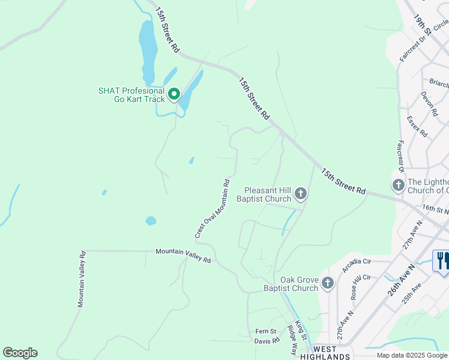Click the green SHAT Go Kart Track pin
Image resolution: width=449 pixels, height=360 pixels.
(x=174, y=94)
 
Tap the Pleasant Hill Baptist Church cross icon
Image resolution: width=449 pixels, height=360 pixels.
(x=301, y=193)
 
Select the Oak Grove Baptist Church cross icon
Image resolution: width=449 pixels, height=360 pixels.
(x=327, y=283)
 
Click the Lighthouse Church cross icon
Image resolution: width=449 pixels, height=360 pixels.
(x=398, y=185)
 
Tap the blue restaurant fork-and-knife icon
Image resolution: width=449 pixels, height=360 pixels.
(x=442, y=261)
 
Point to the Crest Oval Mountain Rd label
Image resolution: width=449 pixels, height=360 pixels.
(x=213, y=208)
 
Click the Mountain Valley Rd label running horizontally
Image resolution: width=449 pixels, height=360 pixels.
(x=183, y=256)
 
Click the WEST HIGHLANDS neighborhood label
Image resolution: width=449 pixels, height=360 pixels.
(x=330, y=353)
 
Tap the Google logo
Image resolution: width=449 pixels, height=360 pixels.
(x=20, y=353)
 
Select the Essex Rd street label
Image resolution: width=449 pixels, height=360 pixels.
(x=417, y=127)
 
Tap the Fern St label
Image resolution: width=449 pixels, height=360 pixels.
(x=266, y=331)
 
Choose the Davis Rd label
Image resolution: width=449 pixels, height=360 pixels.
(x=267, y=341)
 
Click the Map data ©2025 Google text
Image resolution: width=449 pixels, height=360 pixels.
(x=412, y=355)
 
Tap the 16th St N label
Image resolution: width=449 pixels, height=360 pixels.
(x=435, y=209)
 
